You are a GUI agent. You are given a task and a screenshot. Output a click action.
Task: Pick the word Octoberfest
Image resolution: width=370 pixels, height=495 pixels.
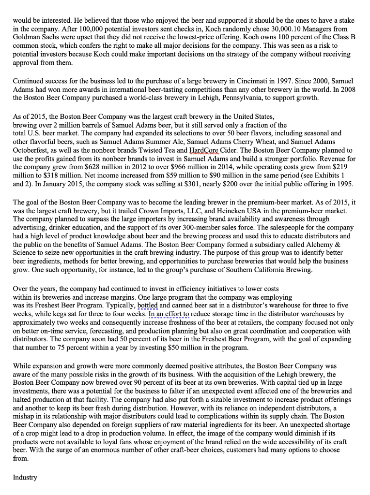(31, 150)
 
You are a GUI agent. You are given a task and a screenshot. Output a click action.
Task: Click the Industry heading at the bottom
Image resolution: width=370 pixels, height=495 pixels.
(25, 477)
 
